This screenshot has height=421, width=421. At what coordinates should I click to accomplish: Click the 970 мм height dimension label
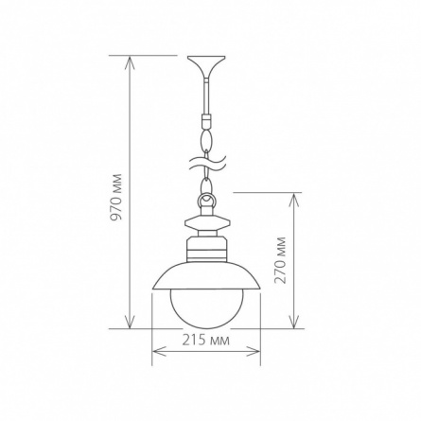point(117,197)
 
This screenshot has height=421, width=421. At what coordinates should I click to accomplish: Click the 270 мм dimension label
point(280,260)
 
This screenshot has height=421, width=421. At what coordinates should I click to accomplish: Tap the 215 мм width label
point(206,341)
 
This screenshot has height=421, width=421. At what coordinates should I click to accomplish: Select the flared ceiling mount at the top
point(206,67)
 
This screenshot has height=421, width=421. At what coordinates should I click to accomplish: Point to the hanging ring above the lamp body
point(206,202)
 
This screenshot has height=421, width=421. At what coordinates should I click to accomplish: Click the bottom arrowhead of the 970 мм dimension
point(130,322)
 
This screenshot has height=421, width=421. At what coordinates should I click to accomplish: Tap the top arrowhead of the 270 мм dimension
point(294,200)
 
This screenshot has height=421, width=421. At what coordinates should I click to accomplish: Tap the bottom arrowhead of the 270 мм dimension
point(294,322)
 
